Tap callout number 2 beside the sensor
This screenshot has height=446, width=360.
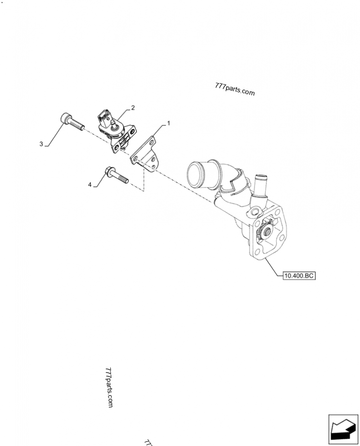coord(133,108)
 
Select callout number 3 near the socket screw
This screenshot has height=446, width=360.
coord(41,144)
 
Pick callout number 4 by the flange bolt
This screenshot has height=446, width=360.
coord(90,184)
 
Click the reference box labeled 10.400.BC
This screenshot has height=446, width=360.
coord(298,276)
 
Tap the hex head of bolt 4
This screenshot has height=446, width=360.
coord(109,172)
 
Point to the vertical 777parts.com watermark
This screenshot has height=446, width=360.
coord(109,386)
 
